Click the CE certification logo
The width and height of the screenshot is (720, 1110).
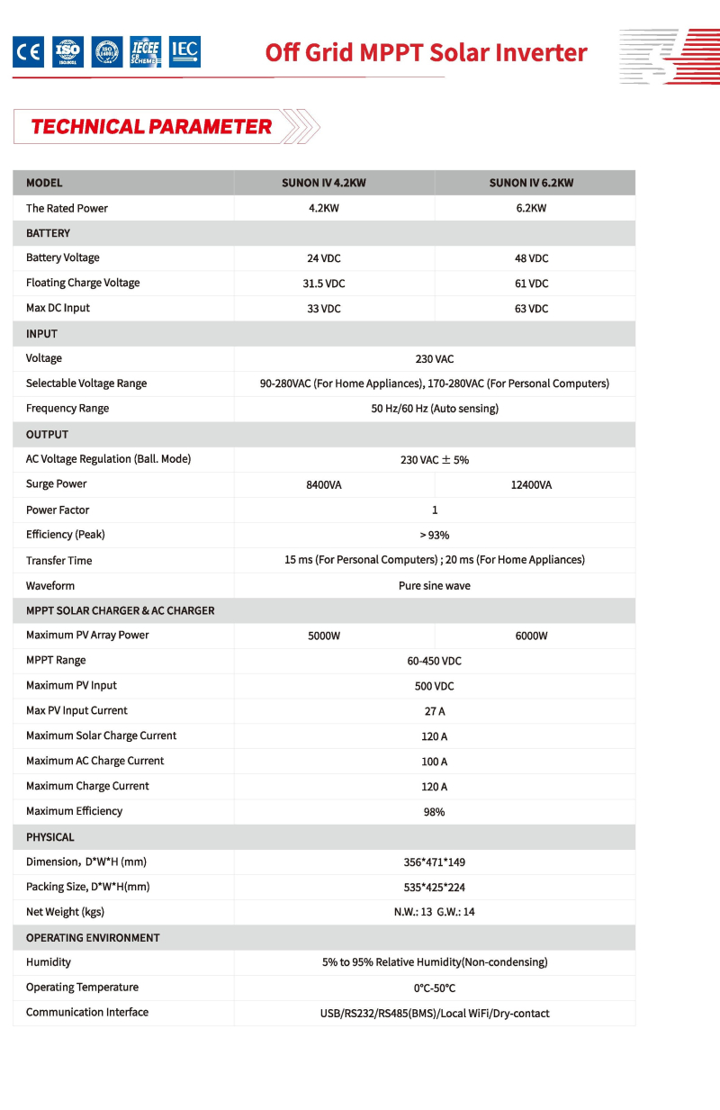point(28,53)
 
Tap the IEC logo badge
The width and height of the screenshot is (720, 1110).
point(184,52)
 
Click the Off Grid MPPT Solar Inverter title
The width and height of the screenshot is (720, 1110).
point(426,52)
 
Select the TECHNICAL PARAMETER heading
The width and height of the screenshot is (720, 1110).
point(151,127)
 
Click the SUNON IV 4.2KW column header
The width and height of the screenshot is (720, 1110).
point(324,183)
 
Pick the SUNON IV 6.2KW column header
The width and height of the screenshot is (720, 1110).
point(531,183)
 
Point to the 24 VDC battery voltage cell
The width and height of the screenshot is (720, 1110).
point(324,258)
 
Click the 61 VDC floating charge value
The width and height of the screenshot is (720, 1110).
point(531,284)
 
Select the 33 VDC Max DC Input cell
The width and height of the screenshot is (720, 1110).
point(324,309)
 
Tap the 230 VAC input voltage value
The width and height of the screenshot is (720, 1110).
point(435,359)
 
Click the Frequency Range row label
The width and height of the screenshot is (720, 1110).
point(67,409)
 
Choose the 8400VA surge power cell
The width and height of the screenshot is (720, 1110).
point(324,485)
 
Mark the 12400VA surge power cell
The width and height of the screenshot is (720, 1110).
point(531,485)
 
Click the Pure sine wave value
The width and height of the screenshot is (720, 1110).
point(435,586)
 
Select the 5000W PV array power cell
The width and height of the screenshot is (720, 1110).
point(324,636)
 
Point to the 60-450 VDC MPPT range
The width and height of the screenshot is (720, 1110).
point(435,662)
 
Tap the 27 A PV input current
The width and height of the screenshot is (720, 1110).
point(435,711)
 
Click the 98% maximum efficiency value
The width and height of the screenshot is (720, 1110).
point(435,812)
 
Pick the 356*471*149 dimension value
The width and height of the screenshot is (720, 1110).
point(435,862)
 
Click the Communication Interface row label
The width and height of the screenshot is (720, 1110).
point(87,1013)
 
